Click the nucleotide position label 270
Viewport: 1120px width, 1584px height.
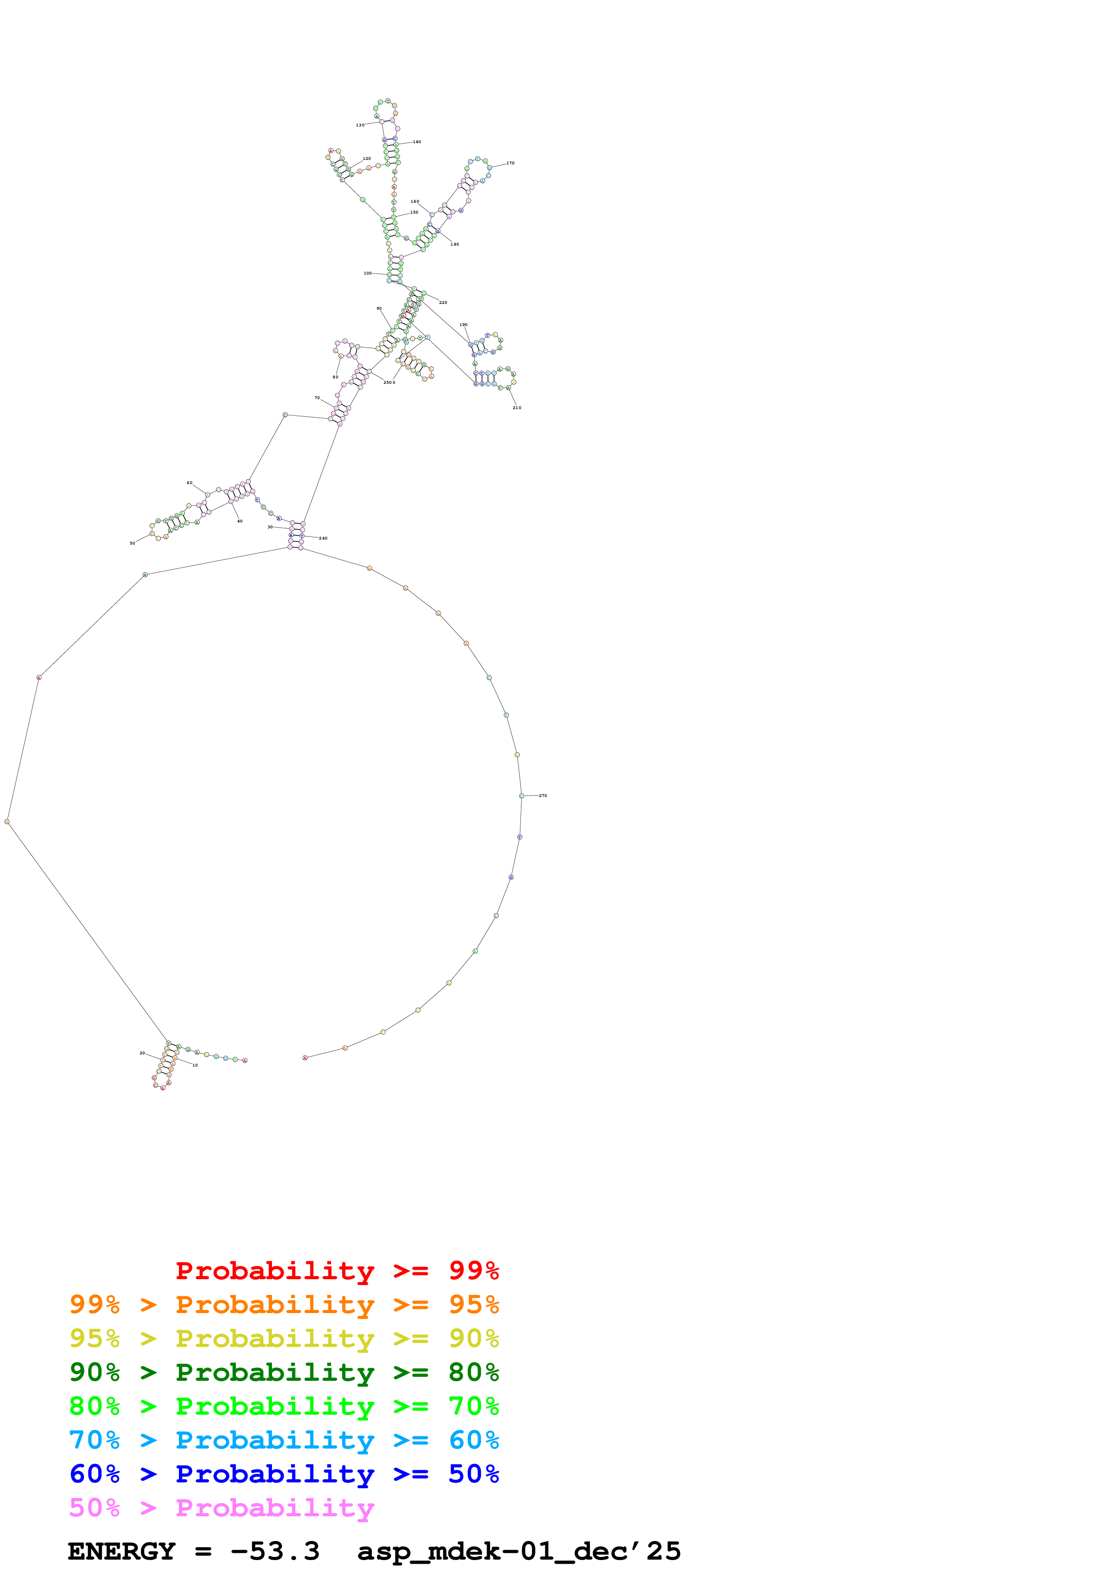click(x=543, y=796)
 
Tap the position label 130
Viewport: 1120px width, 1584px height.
click(x=360, y=125)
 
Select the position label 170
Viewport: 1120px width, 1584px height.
click(x=510, y=163)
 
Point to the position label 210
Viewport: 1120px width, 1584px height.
click(x=517, y=408)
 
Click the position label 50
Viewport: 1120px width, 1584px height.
click(x=132, y=543)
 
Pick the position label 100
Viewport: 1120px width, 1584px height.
click(x=368, y=273)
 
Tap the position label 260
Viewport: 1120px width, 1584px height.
click(x=323, y=538)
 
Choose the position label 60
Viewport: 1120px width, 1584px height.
click(x=190, y=483)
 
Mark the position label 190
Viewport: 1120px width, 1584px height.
click(x=463, y=324)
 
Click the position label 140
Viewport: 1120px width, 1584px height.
click(x=417, y=141)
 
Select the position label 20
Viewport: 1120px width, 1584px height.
click(x=142, y=1053)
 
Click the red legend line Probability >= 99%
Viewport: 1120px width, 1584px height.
click(x=337, y=1270)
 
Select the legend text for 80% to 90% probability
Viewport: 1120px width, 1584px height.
click(x=284, y=1372)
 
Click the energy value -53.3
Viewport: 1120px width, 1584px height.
click(x=275, y=1551)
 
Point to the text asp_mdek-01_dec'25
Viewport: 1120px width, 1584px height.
click(x=519, y=1551)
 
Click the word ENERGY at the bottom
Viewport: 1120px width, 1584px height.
click(x=122, y=1551)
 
